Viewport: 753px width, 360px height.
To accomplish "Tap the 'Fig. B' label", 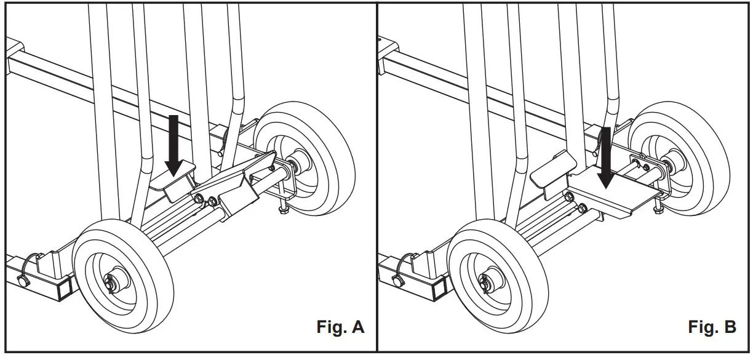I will point(712,327).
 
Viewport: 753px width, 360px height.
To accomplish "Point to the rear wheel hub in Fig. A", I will point(301,165).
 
